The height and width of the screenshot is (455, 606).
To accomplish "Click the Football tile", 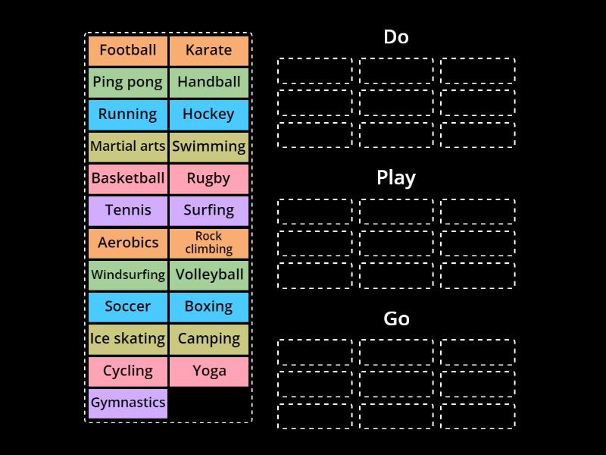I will coord(127,50).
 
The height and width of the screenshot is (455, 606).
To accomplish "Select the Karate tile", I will coord(208,50).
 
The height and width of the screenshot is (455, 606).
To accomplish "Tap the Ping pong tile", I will coord(127,82).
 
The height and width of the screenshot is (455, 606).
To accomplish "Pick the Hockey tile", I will coord(208,115).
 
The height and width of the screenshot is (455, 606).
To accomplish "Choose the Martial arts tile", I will coord(127,146).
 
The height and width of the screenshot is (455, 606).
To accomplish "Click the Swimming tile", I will coord(208,146).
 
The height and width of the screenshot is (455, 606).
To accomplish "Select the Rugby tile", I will coord(208,178).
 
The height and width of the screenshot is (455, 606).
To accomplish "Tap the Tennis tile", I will coord(127,210).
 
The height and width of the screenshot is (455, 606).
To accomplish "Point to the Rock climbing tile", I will coord(208,243).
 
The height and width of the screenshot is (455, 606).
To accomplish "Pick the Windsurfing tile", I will coord(127,275).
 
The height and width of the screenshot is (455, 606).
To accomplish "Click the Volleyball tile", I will coord(208,275).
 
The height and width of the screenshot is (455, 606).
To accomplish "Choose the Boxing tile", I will coord(208,306).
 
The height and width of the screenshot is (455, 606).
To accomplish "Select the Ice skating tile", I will coord(127,339).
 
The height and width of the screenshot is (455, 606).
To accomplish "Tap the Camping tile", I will coord(208,339).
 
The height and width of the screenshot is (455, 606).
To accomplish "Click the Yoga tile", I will coord(208,371).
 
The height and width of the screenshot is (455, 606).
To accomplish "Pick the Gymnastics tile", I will coord(127,403).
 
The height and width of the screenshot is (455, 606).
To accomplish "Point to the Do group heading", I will coord(396,36).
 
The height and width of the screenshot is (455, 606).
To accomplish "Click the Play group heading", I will coord(396,177).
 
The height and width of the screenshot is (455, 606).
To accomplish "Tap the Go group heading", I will coord(396,318).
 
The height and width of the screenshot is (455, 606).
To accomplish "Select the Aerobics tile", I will coord(127,243).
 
